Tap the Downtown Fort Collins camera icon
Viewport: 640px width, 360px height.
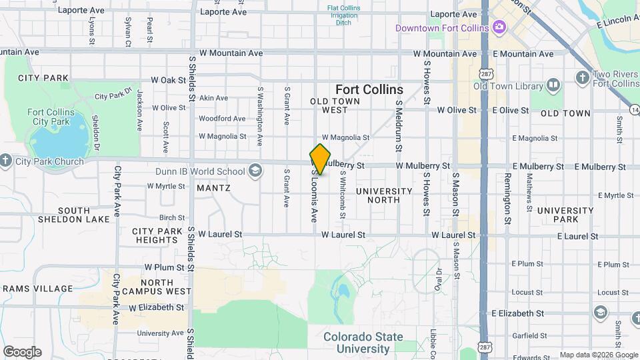[x=499, y=27]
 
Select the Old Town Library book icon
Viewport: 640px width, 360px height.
[x=553, y=85]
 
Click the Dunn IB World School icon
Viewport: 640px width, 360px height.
[x=254, y=172]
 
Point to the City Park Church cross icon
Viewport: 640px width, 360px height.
[x=5, y=161]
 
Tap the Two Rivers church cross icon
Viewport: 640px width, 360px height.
[x=583, y=77]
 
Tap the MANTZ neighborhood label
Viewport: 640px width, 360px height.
[x=213, y=188]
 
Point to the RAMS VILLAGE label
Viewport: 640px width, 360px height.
[x=37, y=289]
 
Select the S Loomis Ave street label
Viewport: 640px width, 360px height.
[x=313, y=195]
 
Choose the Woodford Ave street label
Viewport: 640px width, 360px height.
[x=222, y=119]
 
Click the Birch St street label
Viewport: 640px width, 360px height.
[x=172, y=217]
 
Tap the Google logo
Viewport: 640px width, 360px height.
[x=22, y=351]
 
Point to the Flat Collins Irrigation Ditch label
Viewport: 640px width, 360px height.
[x=345, y=15]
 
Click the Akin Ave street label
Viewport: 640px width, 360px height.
[x=213, y=98]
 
